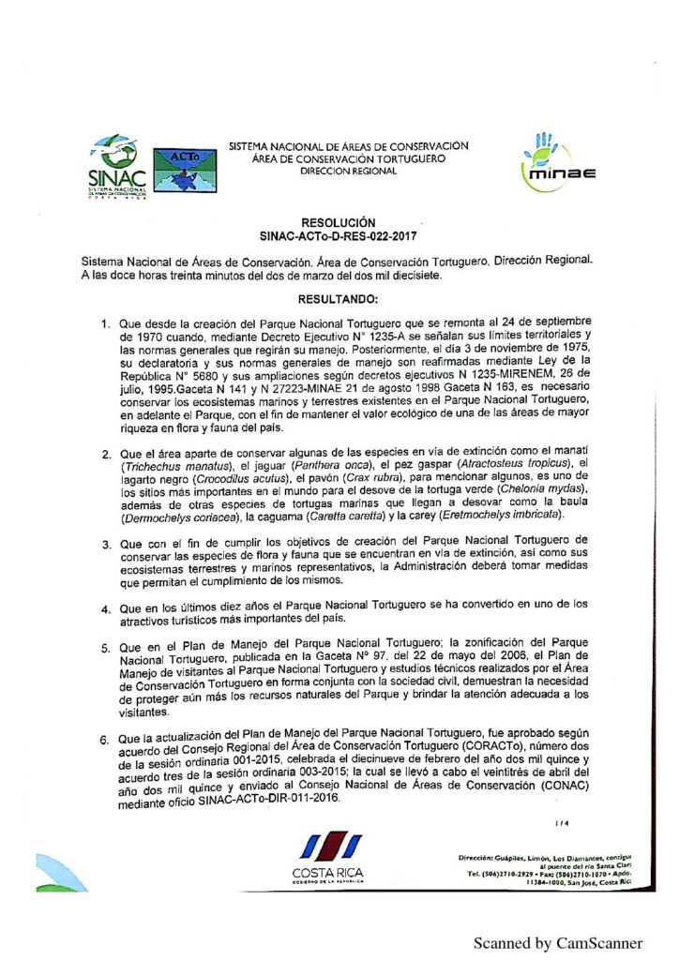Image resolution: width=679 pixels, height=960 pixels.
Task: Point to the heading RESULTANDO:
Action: pos(338,299)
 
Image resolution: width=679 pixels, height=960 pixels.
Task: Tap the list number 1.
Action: pos(107,323)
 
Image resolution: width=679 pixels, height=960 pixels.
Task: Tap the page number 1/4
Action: pos(561,824)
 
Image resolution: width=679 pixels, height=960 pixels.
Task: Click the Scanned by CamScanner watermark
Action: pos(557,943)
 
